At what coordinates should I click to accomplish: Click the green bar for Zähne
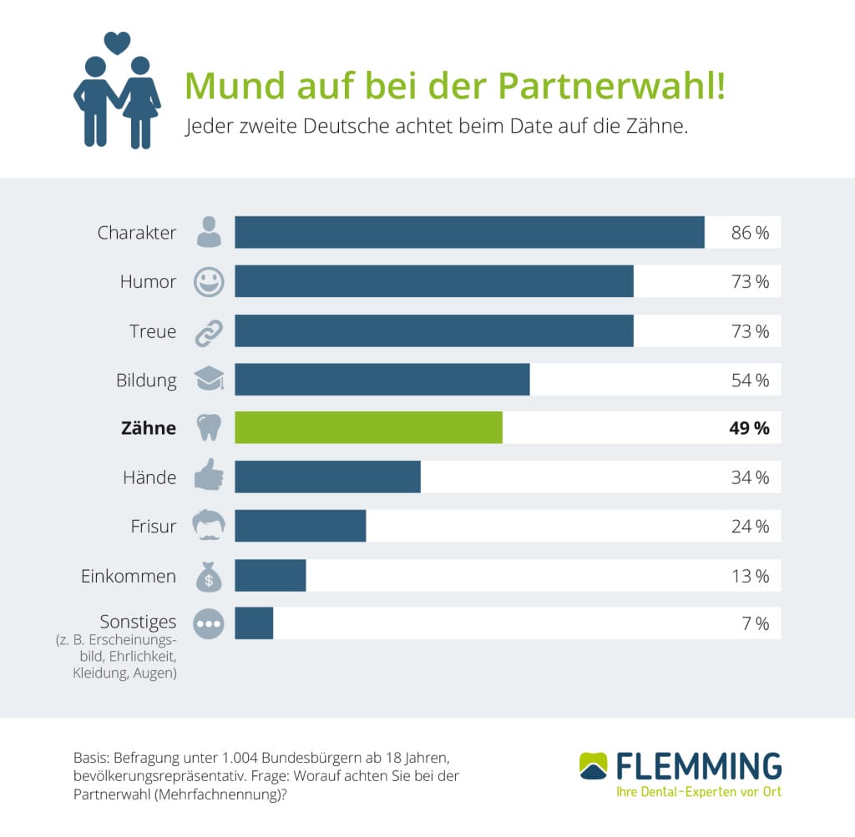[368, 428]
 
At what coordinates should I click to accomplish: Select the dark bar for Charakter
[469, 232]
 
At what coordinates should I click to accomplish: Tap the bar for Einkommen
[271, 576]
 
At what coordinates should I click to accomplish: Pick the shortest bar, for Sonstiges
[254, 623]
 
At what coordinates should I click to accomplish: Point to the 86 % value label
[749, 233]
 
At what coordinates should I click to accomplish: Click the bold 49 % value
[749, 429]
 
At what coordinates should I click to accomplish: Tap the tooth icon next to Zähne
[209, 428]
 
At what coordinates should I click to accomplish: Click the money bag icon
[209, 577]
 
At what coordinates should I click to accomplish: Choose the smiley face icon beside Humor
[209, 282]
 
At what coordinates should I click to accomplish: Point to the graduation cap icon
[209, 380]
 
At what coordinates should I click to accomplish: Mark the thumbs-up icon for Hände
[209, 477]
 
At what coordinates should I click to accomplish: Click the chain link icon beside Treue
[209, 331]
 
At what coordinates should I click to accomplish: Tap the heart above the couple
[117, 42]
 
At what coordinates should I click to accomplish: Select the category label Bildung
[146, 381]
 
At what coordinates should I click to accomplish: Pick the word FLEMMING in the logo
[699, 765]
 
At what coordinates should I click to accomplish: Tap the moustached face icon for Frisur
[209, 526]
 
